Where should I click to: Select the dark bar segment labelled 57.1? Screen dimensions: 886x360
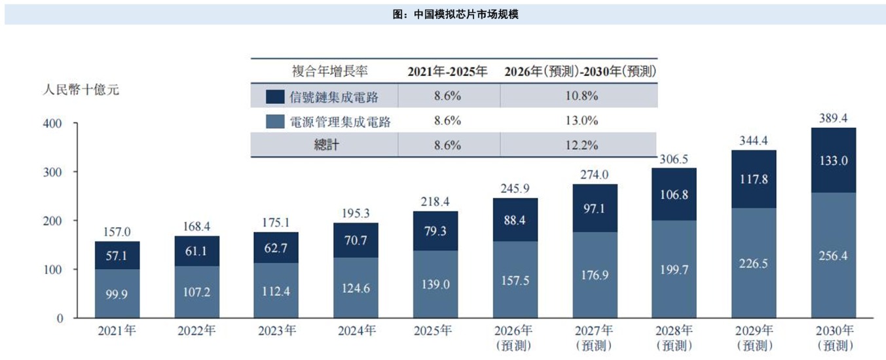(117, 255)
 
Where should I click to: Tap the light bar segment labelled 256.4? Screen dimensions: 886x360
(834, 255)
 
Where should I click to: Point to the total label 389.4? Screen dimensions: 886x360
(833, 118)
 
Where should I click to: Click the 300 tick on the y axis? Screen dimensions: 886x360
(52, 172)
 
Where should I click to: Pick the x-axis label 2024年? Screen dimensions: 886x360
(357, 331)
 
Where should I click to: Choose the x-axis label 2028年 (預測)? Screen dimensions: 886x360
(674, 338)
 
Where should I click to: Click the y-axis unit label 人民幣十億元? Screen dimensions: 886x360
(81, 90)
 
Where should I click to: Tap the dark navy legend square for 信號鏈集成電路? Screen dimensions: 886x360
(275, 97)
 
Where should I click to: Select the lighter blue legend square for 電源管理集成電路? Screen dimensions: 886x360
(275, 121)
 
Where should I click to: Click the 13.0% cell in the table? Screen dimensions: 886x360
(581, 120)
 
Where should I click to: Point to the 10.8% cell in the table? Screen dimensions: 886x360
(581, 96)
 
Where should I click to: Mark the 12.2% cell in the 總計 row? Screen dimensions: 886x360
(581, 145)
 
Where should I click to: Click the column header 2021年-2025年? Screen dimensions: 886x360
(447, 71)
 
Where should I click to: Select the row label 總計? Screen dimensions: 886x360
(326, 145)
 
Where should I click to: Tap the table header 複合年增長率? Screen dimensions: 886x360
(330, 71)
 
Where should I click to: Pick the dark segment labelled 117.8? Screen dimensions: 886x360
(754, 179)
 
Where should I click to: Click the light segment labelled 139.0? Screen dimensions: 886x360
(435, 284)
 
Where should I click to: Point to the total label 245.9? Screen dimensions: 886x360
(515, 189)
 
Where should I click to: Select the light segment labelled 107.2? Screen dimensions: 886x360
(196, 292)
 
